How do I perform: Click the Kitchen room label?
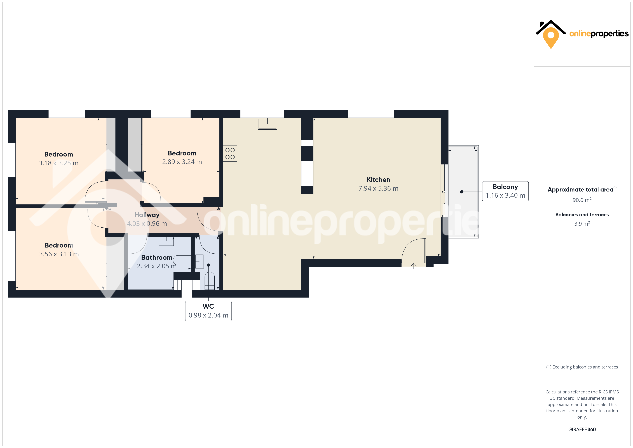pos(378,180)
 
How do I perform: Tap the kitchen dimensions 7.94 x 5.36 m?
pos(378,188)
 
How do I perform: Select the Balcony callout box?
pos(505,191)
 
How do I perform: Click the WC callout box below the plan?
pos(208,311)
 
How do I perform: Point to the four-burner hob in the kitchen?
pos(230,154)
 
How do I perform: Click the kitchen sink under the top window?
pos(267,124)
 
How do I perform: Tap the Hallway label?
pos(147,215)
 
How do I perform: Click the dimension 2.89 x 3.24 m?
pos(182,162)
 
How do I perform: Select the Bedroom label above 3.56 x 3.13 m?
pos(59,245)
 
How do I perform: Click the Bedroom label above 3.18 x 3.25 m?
pos(58,154)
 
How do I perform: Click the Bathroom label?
pos(157,257)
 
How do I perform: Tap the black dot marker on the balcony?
pos(461,192)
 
